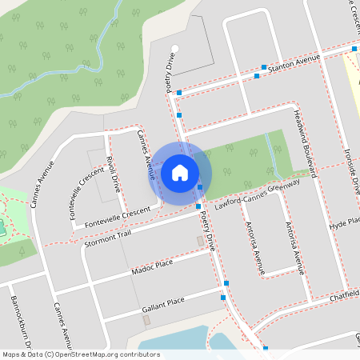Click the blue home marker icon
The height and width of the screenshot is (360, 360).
[180, 172]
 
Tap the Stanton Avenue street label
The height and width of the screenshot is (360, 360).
[294, 64]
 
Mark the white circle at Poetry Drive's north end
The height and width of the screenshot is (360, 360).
[175, 48]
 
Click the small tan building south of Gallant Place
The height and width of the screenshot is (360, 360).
[146, 319]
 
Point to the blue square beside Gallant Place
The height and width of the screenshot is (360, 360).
[223, 298]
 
